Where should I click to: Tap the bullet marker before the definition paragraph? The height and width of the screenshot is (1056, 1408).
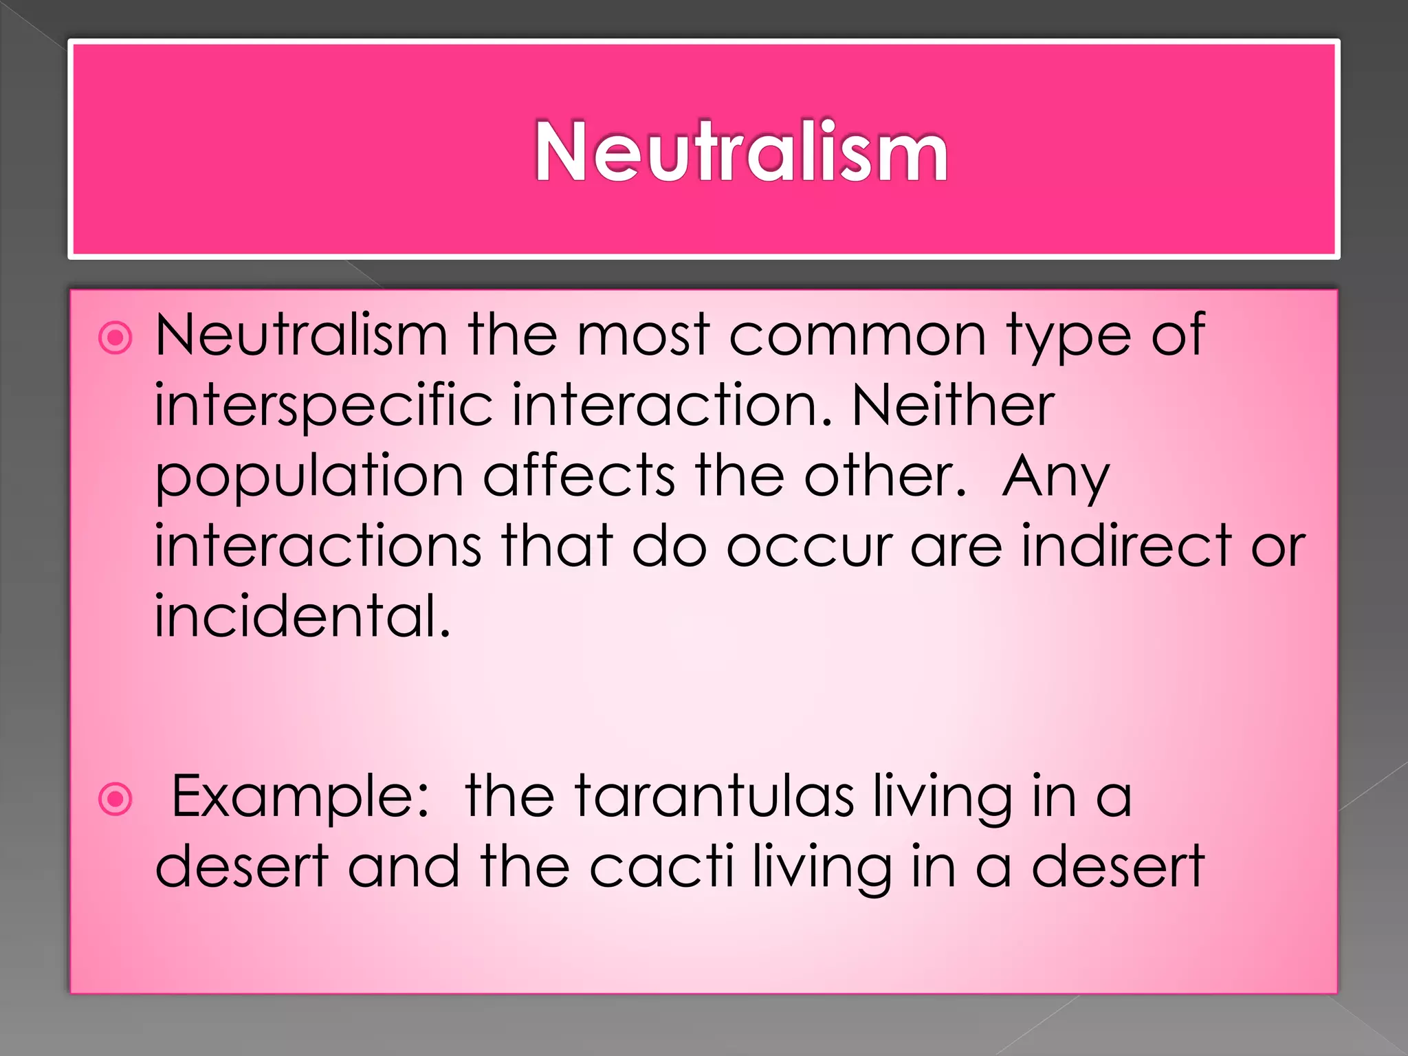(115, 338)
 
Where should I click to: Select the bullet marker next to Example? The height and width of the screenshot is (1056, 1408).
(115, 799)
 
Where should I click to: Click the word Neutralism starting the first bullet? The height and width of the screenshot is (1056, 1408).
(301, 335)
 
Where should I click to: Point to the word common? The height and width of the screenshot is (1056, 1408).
(857, 335)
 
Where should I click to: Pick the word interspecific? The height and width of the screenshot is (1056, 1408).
(323, 406)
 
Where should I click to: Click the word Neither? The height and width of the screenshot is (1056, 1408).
(953, 406)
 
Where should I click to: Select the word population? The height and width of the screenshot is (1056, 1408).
(309, 477)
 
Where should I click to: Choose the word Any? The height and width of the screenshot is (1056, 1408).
(1056, 477)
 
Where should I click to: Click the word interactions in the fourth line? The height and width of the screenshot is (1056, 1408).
(318, 546)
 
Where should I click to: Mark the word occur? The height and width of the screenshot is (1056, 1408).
(808, 547)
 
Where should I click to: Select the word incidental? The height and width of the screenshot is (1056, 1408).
(302, 616)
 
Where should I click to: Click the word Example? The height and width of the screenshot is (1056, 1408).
(301, 797)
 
